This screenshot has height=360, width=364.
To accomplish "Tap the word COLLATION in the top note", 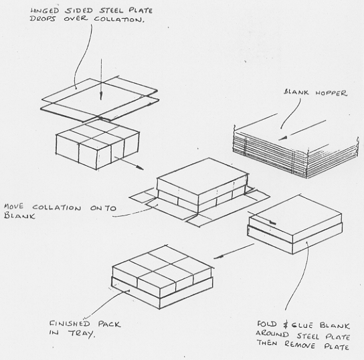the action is click(119, 19).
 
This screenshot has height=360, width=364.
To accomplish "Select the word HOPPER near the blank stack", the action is click(331, 93).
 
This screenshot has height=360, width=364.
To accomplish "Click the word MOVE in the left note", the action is click(13, 206).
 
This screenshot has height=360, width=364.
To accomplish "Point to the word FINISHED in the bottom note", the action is click(70, 324).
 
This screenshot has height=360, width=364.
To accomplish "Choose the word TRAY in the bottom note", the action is click(82, 334).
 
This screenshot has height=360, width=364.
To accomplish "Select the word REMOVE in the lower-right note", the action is click(300, 345).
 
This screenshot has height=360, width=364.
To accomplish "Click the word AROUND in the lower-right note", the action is click(272, 334).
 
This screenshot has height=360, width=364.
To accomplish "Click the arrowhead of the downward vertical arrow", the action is click(101, 96).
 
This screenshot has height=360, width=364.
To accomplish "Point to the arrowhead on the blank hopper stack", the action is click(283, 139).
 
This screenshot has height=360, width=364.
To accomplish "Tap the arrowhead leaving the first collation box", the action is click(139, 167).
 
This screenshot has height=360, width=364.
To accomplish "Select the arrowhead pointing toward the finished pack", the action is click(218, 257).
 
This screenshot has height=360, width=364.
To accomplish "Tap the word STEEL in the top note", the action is click(111, 11).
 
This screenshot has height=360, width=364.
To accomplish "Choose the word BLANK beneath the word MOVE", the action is click(19, 216).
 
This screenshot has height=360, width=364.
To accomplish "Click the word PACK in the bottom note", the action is click(109, 324).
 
